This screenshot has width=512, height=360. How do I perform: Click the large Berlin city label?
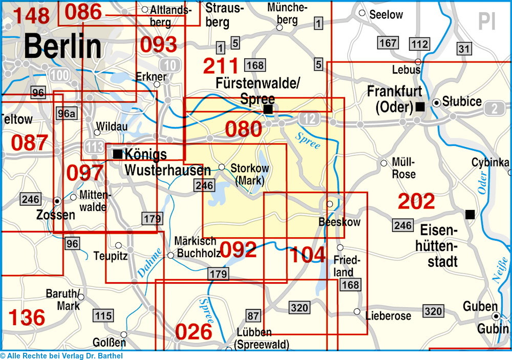(x=62, y=47)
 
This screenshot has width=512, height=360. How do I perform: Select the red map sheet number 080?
(x=243, y=129)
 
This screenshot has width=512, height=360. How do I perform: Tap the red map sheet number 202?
(x=416, y=202)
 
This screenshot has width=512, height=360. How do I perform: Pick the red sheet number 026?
(x=194, y=332)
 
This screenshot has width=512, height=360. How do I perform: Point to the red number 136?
(x=27, y=317)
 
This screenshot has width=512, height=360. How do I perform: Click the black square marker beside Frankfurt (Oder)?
(x=420, y=107)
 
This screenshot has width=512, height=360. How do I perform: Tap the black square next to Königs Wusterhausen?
(x=118, y=154)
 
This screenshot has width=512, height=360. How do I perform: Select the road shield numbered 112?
(x=419, y=44)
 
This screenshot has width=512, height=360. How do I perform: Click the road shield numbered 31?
(x=463, y=49)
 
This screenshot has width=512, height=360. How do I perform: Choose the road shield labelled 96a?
(x=66, y=114)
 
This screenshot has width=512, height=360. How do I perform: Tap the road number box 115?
(x=103, y=315)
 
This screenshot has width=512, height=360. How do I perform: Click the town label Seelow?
(x=386, y=15)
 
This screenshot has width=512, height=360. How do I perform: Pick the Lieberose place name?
(x=388, y=316)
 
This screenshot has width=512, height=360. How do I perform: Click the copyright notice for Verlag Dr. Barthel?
(x=61, y=356)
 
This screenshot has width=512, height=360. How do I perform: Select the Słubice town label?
(x=462, y=102)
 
